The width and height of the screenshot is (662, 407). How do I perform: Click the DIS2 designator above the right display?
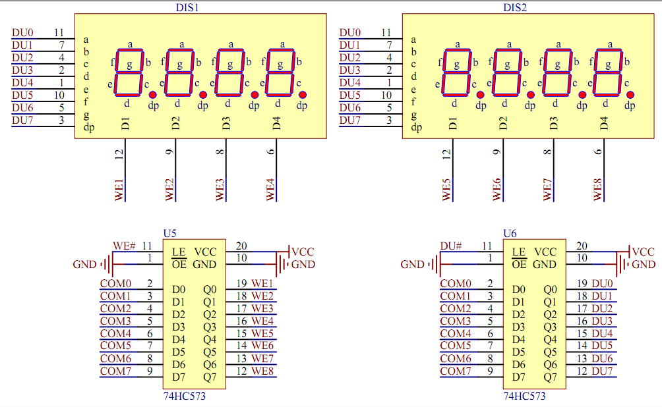[515, 8]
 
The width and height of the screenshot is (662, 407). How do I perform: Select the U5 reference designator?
[169, 233]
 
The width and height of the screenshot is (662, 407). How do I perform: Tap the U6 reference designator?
[510, 233]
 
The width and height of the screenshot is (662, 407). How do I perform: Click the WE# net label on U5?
[124, 246]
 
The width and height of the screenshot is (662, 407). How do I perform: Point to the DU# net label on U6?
[451, 246]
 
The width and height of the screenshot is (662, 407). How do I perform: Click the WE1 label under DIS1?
[119, 188]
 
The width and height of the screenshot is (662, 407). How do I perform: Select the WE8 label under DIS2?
[598, 188]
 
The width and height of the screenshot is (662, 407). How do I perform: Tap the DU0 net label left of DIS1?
[22, 32]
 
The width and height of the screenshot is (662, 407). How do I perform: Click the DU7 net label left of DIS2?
[349, 120]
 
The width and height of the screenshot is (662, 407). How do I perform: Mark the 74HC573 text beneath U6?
[524, 396]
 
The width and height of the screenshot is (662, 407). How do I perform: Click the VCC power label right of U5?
[303, 252]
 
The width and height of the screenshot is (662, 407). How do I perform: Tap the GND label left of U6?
[412, 265]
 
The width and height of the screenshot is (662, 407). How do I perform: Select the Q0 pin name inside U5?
[210, 289]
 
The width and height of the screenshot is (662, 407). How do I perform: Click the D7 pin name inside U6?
[518, 377]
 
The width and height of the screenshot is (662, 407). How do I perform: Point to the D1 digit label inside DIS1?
[126, 122]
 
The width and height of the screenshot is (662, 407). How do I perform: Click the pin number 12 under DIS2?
[446, 154]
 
